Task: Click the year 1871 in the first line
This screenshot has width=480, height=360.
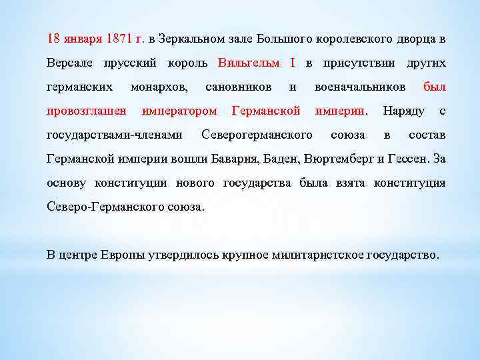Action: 119,39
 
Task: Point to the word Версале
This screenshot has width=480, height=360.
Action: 71,63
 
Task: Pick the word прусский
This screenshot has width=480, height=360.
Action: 129,63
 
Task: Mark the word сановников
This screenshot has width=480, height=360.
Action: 238,87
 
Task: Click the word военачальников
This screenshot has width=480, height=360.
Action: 359,87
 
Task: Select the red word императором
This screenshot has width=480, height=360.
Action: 179,111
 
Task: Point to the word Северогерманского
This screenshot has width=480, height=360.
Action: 257,135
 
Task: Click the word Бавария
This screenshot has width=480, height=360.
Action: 235,159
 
